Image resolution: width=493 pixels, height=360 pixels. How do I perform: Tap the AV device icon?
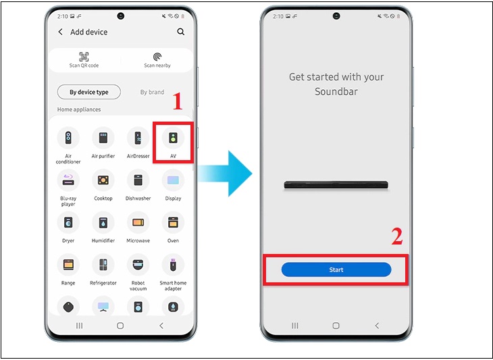(173, 138)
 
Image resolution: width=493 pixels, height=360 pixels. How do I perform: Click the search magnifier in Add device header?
(181, 32)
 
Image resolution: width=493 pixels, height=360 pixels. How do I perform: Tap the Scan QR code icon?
(84, 57)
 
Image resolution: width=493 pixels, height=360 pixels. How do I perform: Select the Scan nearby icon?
(157, 57)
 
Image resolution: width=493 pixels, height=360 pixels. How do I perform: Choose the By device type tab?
(89, 92)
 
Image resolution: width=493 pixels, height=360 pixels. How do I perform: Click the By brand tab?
(152, 92)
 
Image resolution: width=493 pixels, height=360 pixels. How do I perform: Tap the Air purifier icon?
(103, 138)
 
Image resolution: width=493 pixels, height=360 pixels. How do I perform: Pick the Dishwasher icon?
(138, 180)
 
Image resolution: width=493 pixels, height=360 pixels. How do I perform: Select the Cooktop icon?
(103, 180)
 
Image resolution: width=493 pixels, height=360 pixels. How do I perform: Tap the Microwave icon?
(138, 222)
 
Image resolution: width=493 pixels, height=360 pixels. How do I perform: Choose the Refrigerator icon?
(103, 265)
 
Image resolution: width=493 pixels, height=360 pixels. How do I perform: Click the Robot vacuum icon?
(138, 265)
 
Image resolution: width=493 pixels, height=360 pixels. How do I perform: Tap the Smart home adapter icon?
(173, 265)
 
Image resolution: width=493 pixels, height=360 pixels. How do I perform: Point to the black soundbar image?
(336, 184)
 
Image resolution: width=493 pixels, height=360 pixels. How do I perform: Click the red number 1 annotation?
(178, 101)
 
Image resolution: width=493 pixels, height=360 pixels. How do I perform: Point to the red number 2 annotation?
(397, 236)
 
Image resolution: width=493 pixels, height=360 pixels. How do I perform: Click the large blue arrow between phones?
(225, 173)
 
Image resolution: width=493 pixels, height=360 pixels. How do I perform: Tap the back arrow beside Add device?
(60, 32)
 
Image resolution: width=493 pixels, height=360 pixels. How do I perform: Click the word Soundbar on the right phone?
(336, 91)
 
